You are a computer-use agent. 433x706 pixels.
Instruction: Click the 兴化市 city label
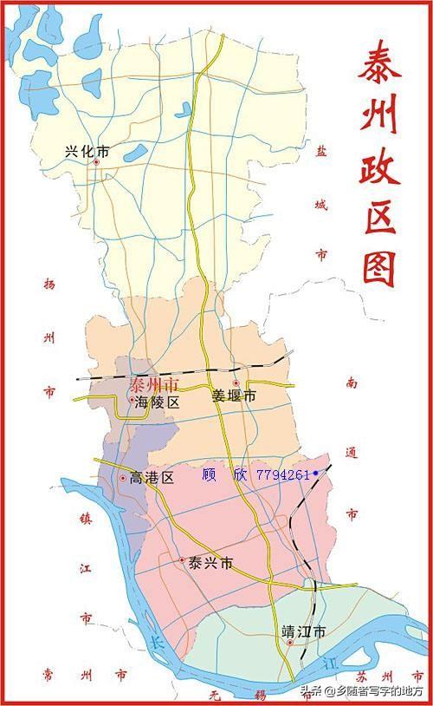coord(87,151)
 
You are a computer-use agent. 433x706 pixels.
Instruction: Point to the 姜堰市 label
coord(235,396)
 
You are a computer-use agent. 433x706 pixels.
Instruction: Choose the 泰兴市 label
coord(211,563)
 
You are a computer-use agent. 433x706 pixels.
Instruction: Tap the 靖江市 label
coord(304,631)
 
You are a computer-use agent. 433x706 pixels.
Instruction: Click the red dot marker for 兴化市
coord(96,161)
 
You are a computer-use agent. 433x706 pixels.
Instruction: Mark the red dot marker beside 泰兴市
coord(182,560)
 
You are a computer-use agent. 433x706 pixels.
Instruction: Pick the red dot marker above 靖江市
coord(291,643)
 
